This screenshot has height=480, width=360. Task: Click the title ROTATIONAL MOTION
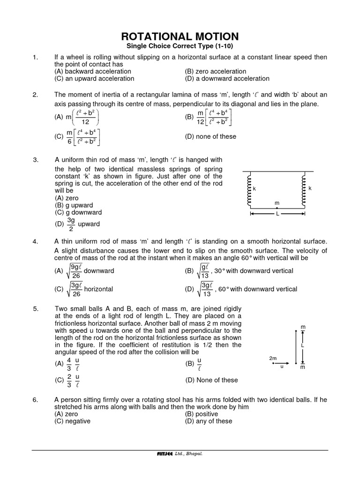(x=180, y=37)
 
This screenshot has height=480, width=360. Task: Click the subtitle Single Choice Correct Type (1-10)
(x=180, y=46)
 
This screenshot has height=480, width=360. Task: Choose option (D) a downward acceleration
(x=227, y=79)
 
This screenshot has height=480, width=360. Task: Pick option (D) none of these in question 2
(x=211, y=136)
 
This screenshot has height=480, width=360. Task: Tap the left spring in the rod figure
(x=249, y=189)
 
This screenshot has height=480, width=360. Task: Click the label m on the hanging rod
(x=277, y=202)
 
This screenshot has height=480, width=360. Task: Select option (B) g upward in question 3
(x=74, y=205)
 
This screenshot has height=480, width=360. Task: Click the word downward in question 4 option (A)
(x=99, y=271)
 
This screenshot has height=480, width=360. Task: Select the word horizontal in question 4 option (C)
(x=98, y=289)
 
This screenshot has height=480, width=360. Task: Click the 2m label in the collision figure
(x=273, y=358)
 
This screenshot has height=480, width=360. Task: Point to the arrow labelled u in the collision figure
(x=281, y=364)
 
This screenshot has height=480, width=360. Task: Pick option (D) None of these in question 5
(x=211, y=380)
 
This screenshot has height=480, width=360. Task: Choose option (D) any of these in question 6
(x=209, y=421)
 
